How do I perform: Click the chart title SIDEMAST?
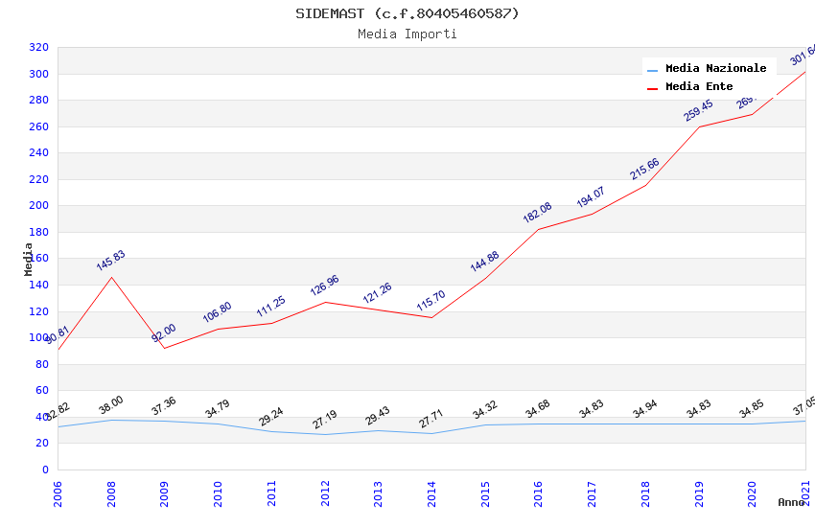[x=407, y=13]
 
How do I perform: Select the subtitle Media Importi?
[x=407, y=34]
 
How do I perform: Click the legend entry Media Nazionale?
[x=715, y=69]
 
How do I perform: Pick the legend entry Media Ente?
[x=699, y=87]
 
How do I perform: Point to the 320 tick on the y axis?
[x=38, y=48]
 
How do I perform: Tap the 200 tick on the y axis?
[x=38, y=206]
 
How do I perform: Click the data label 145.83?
[x=110, y=261]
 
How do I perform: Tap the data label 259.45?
[x=698, y=110]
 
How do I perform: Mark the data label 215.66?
[x=644, y=169]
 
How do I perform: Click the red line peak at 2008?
[x=111, y=277]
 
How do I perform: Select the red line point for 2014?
[x=431, y=317]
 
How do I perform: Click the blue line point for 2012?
[x=325, y=434]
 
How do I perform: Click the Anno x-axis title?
[x=791, y=502]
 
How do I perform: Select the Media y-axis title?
[x=29, y=259]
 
